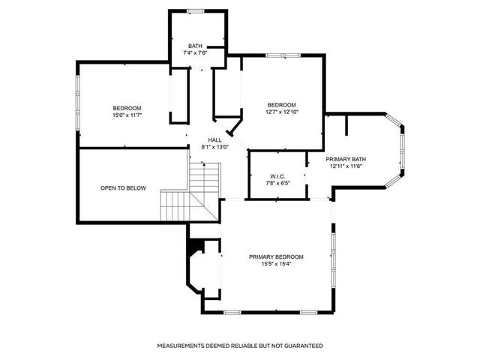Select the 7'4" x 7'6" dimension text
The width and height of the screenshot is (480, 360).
(196, 53)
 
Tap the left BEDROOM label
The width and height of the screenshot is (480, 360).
(127, 107)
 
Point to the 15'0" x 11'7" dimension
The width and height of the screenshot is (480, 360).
(127, 115)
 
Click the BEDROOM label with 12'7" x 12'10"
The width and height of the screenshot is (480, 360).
(282, 104)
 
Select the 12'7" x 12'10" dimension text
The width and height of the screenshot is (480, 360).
(282, 112)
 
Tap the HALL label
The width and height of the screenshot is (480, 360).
(214, 140)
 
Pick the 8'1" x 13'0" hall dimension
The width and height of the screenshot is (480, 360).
(214, 147)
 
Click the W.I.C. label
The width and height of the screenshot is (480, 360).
(276, 175)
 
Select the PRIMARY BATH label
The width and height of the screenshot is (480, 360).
(346, 159)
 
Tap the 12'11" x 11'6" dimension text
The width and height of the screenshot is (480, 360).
(346, 166)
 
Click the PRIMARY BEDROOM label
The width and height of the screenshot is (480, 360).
(277, 256)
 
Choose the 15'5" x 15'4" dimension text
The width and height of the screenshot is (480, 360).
(277, 264)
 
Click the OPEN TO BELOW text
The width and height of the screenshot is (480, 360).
(123, 188)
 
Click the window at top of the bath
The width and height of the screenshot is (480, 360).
(196, 10)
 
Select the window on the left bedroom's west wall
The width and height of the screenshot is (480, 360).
(78, 104)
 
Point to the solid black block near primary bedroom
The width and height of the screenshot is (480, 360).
(197, 246)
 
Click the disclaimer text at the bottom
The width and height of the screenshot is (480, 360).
(239, 346)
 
